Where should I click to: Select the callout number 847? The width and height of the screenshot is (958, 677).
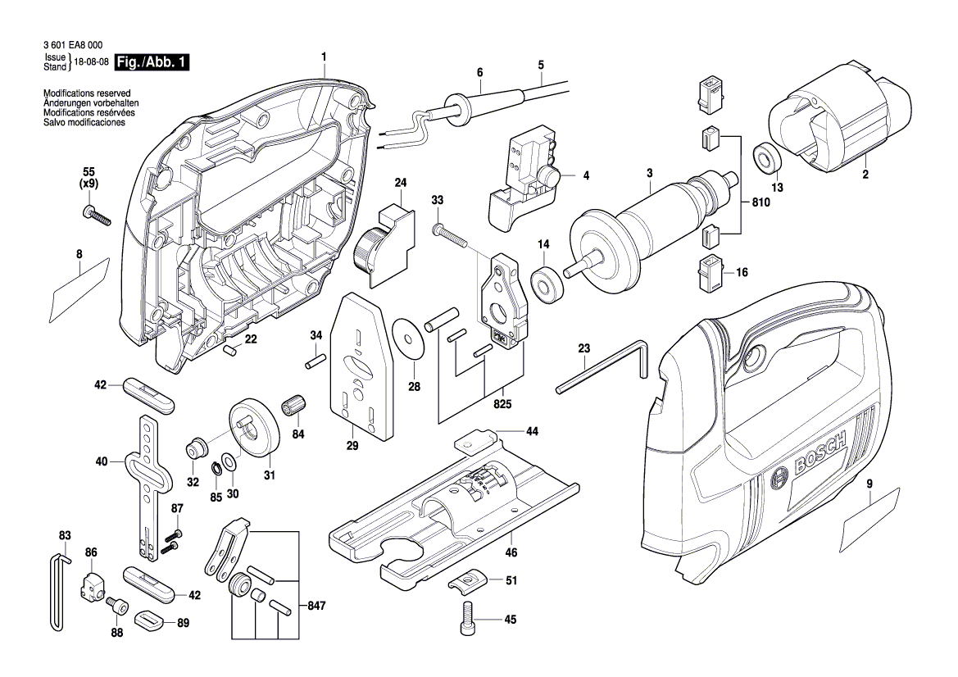pos(317,606)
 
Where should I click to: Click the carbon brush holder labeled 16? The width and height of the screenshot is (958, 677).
pos(709,273)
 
